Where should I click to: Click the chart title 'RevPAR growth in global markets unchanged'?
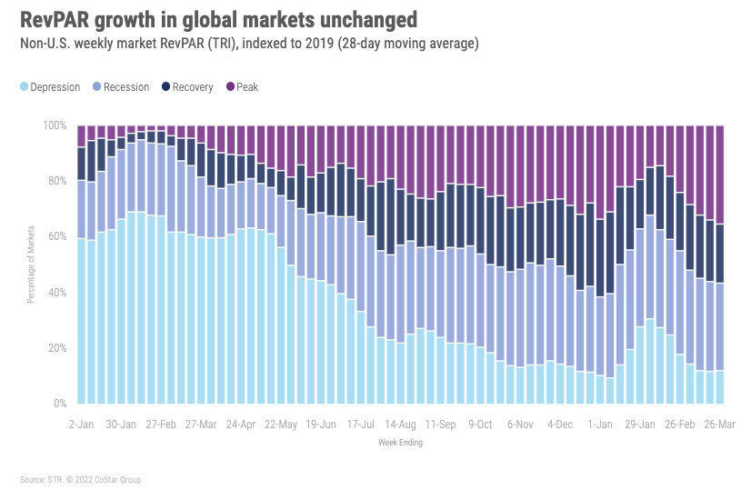pyautogui.click(x=214, y=19)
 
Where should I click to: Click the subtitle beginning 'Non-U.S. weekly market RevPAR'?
pyautogui.click(x=251, y=44)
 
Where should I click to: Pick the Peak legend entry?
pyautogui.click(x=243, y=87)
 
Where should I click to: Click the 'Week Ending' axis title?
pyautogui.click(x=400, y=444)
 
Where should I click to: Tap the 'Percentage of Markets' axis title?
pyautogui.click(x=32, y=265)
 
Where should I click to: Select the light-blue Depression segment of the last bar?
pyautogui.click(x=720, y=386)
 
